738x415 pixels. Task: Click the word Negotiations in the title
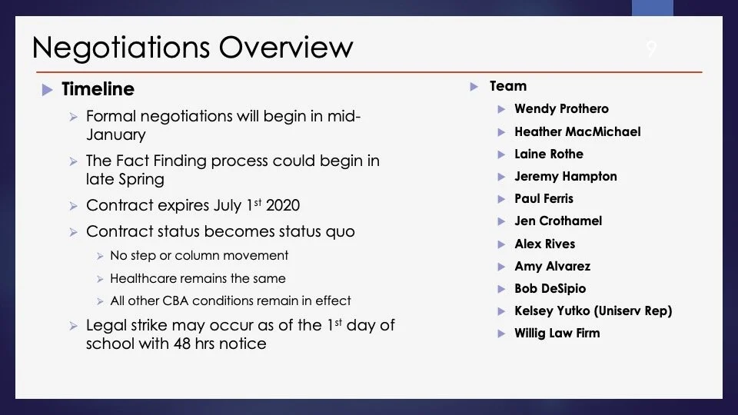pos(121,48)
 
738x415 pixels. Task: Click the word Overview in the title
pos(286,47)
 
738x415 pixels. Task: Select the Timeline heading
pos(98,89)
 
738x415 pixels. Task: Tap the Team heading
pos(508,86)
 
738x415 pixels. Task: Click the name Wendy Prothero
pos(561,108)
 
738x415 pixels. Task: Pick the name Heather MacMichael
pos(577,131)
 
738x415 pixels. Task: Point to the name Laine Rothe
pos(549,154)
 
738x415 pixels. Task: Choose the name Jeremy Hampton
pos(566,177)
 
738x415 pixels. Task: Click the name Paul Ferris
pos(544,198)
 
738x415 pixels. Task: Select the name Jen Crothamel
pos(558,221)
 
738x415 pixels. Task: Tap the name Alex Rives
pos(544,244)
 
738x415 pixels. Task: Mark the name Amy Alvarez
pos(552,267)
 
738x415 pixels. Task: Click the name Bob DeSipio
pos(550,288)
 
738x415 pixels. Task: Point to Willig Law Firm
pos(557,333)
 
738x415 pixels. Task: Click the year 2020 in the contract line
pos(283,205)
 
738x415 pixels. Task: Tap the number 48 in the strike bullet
pos(182,344)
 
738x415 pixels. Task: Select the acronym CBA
pos(175,300)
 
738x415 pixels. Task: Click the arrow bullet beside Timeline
pos(47,89)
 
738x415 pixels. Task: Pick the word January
pos(116,135)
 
